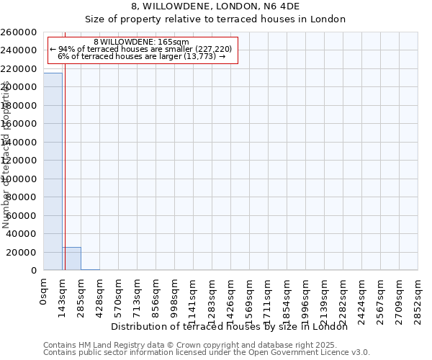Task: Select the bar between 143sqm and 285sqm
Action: coord(71,258)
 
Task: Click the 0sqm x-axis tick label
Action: coord(44,292)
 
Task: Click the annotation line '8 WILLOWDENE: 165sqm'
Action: coord(141,42)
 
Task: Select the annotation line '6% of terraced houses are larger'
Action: coord(141,56)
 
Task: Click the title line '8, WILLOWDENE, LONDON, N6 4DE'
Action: coord(215,6)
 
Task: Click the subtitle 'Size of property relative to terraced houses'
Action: coord(215,19)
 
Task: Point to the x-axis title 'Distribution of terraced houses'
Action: coord(229,326)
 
